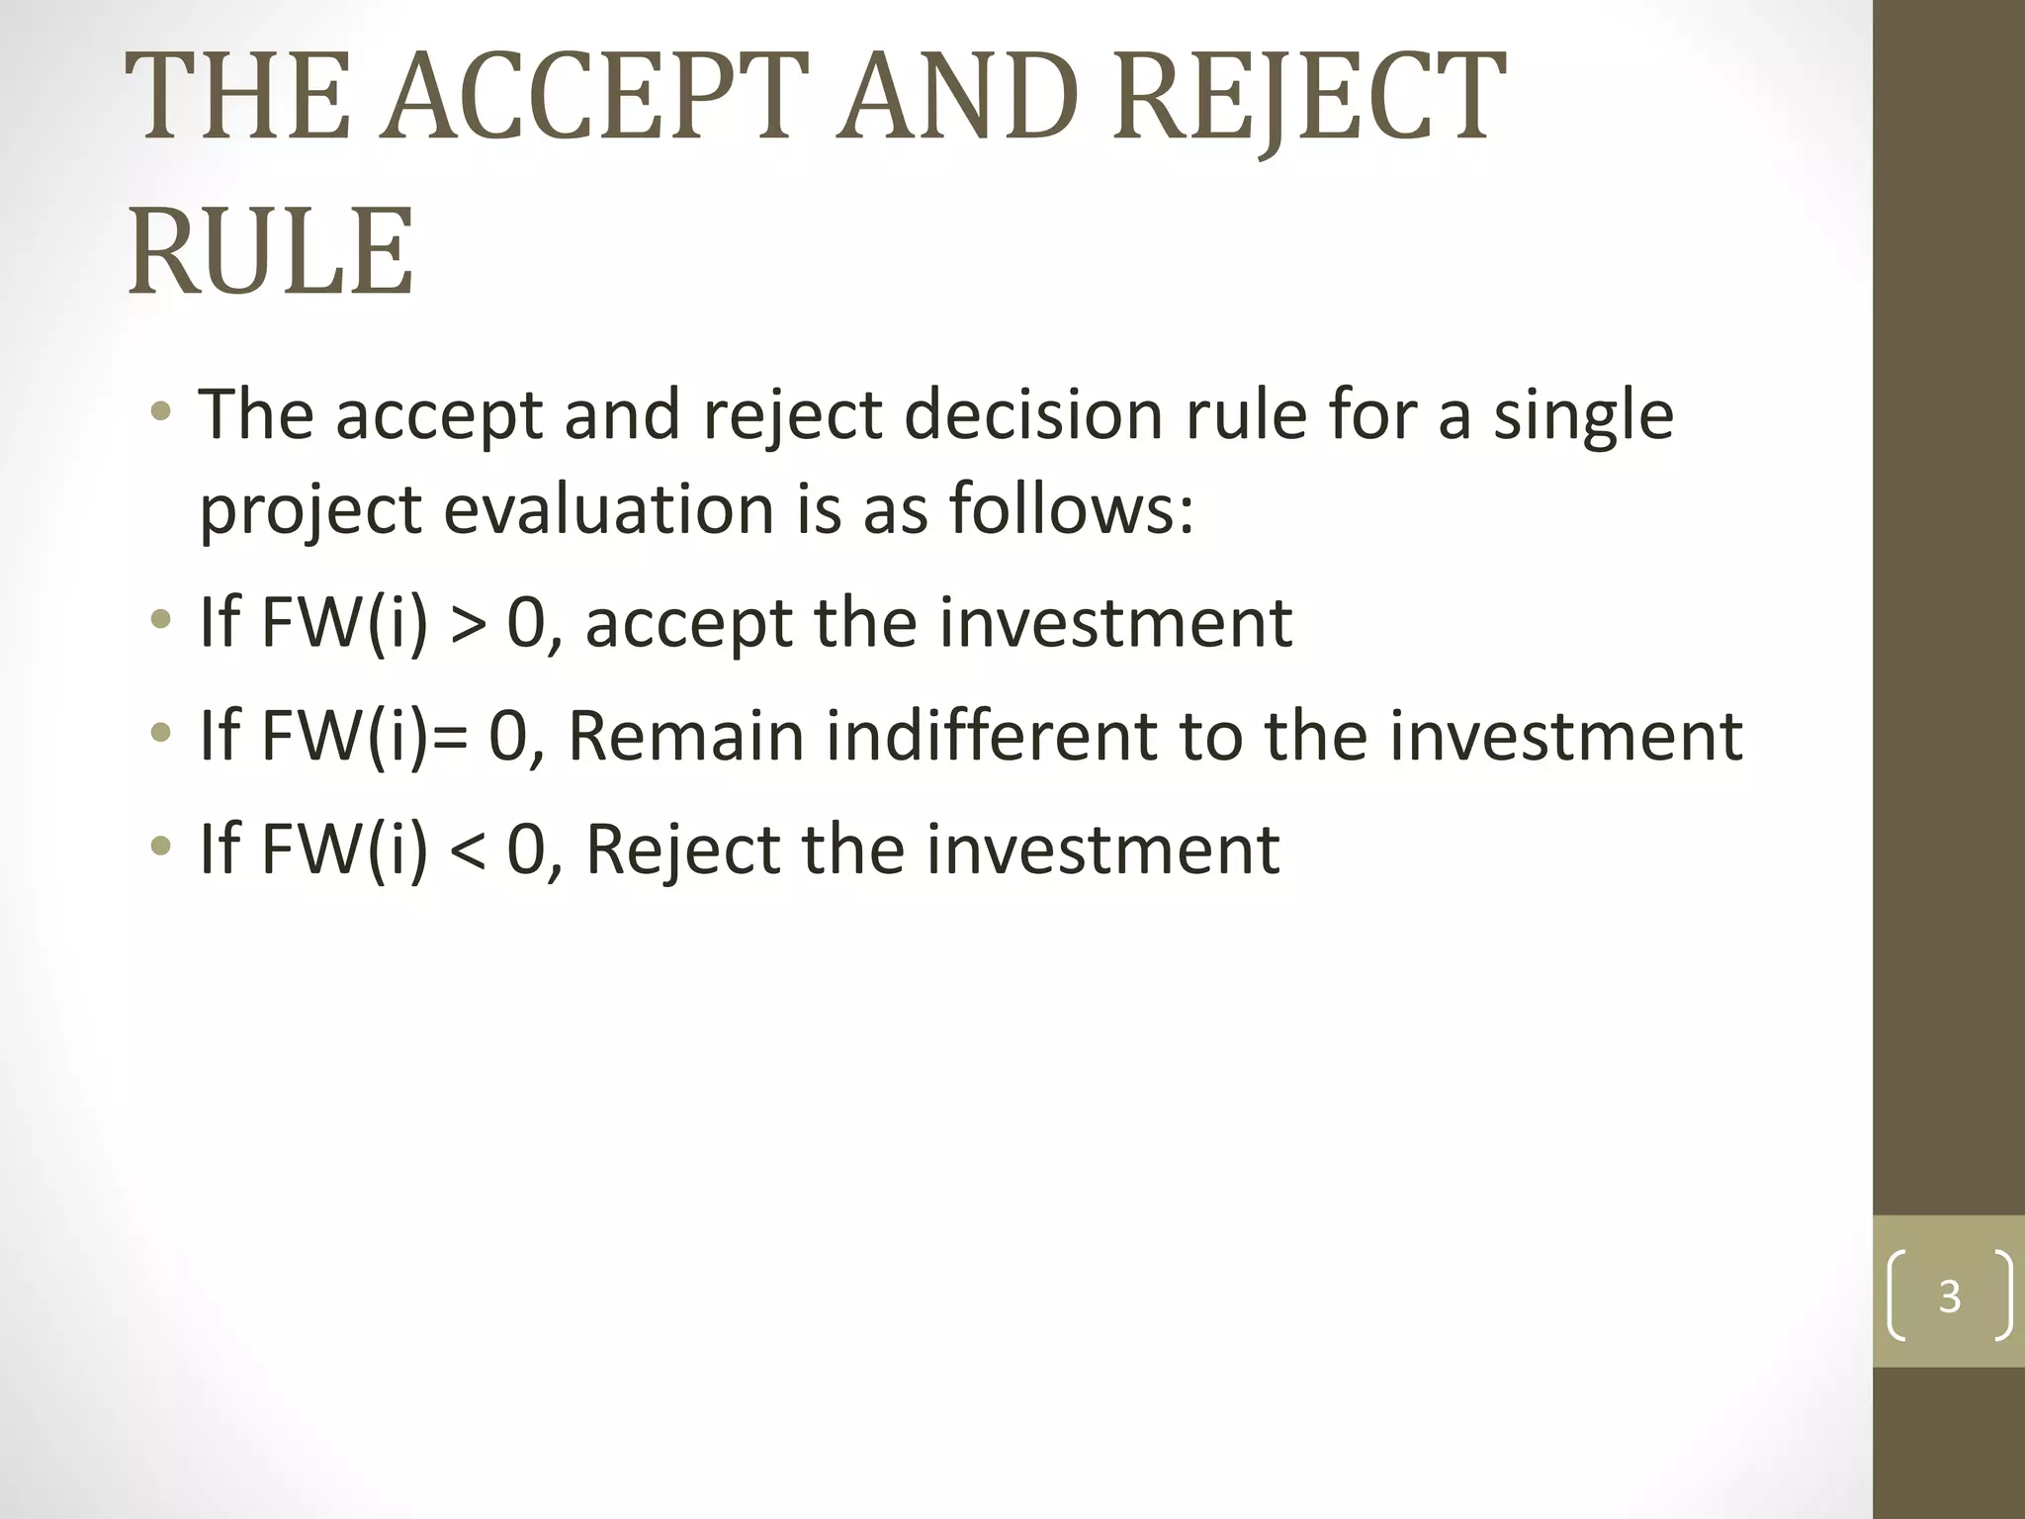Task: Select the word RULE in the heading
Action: (271, 251)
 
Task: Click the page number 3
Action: (1949, 1296)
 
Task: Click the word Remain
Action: (686, 736)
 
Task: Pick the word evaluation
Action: (608, 509)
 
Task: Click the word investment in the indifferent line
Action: (1565, 736)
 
